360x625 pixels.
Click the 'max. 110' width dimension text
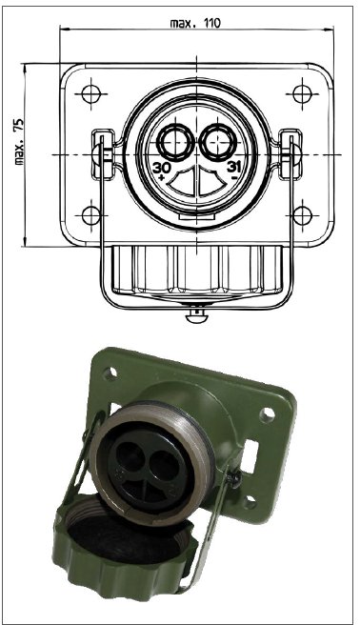(x=195, y=23)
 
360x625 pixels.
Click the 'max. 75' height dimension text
(x=19, y=142)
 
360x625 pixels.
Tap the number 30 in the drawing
(x=162, y=167)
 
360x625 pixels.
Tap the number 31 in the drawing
(x=233, y=167)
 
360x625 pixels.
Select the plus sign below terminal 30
(x=161, y=178)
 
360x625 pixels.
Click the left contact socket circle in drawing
(x=175, y=140)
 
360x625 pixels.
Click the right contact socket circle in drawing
(x=218, y=140)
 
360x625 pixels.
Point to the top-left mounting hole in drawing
(x=90, y=94)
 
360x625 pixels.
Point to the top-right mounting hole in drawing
(x=302, y=94)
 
